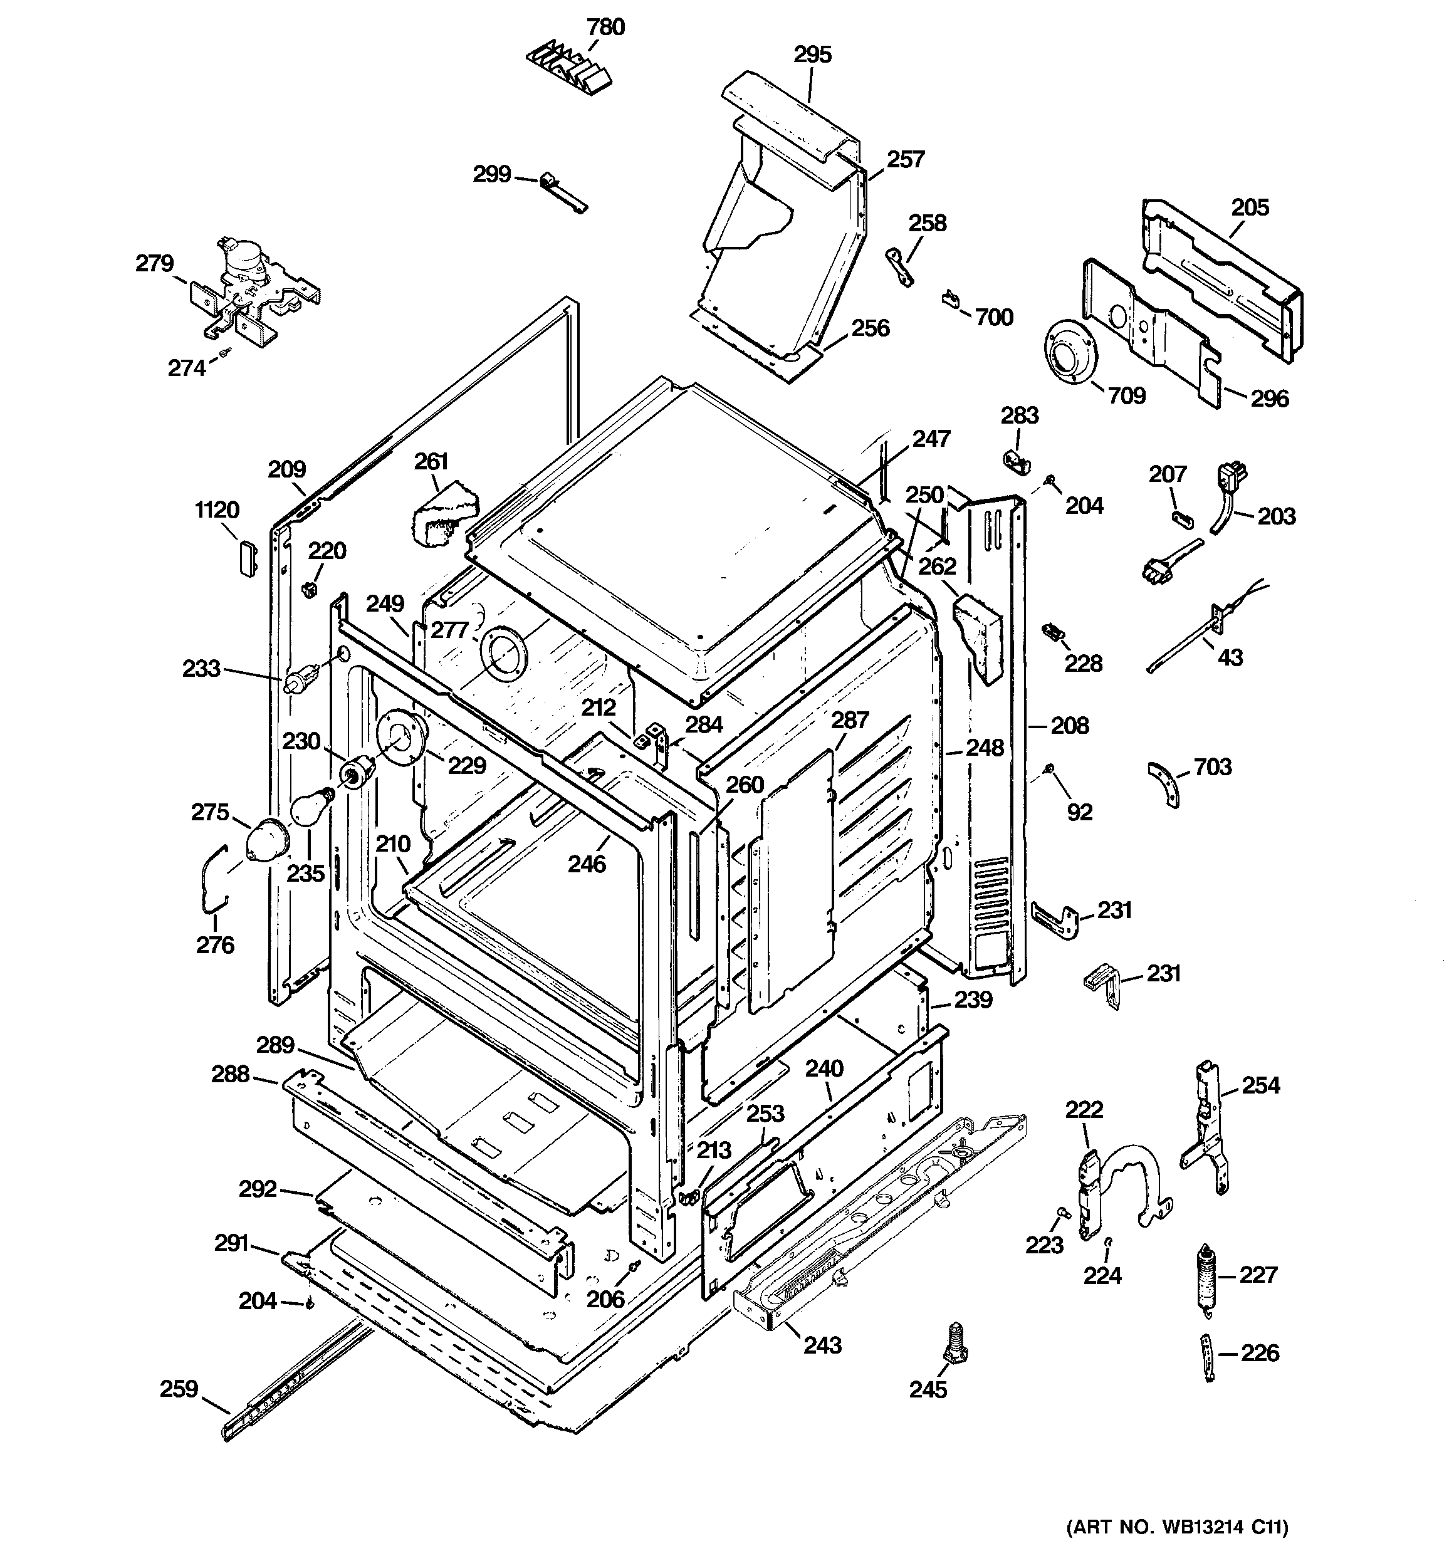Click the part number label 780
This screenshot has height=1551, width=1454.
click(605, 28)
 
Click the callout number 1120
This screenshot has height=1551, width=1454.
click(216, 510)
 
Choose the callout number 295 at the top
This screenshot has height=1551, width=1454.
click(812, 55)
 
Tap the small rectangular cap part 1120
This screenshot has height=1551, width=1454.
click(247, 557)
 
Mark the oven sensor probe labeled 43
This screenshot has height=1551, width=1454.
click(1186, 640)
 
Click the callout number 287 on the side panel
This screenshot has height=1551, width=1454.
click(849, 719)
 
